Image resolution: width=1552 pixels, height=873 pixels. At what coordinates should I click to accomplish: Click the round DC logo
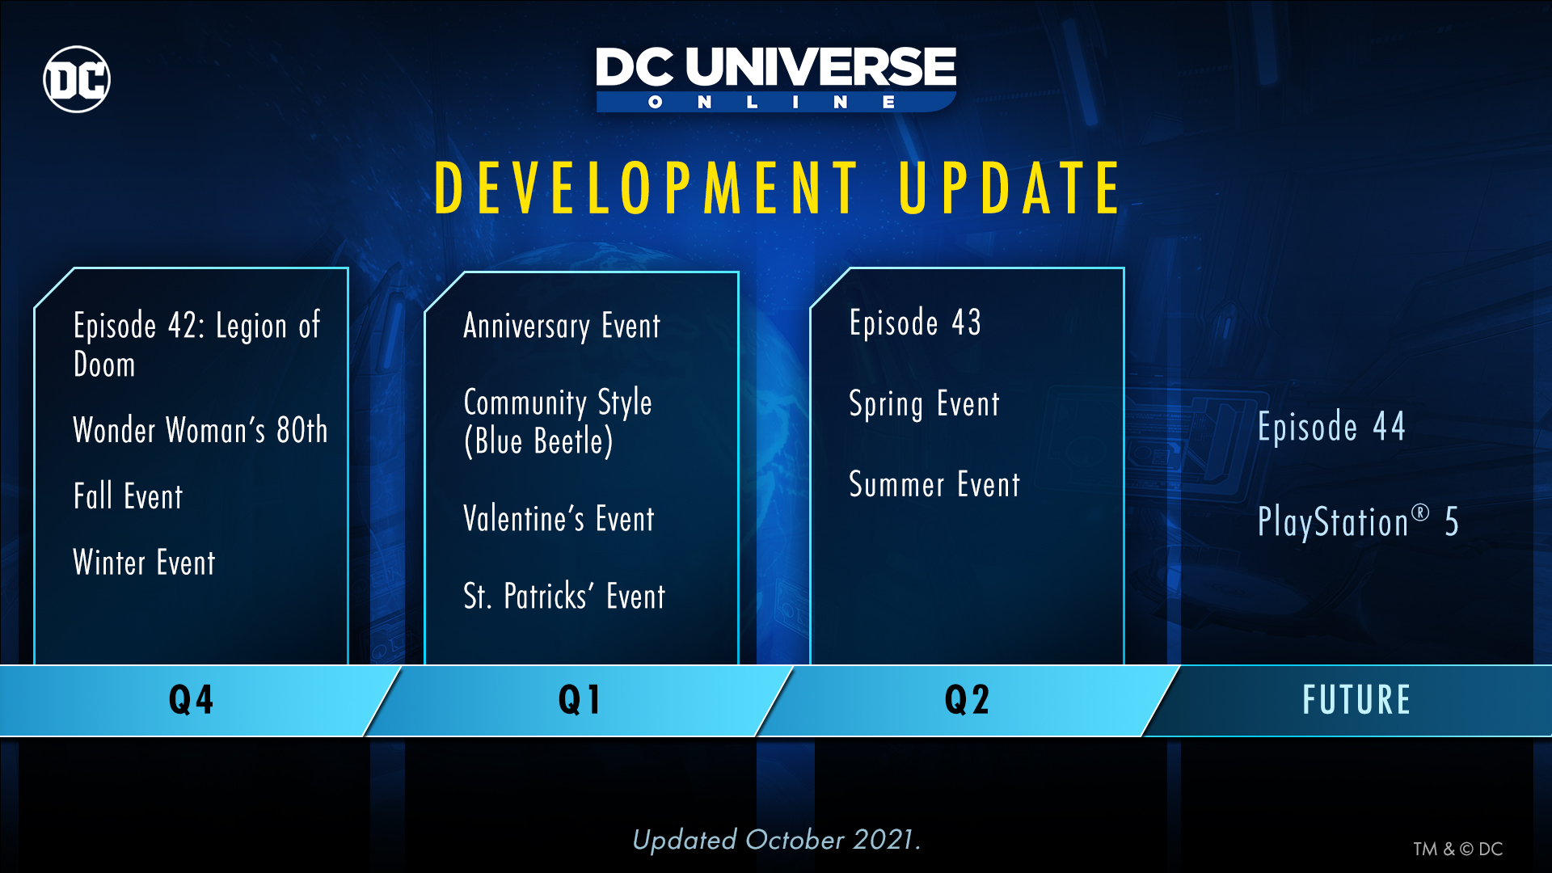(77, 79)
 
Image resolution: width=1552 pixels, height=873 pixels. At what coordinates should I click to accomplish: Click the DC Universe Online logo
(776, 79)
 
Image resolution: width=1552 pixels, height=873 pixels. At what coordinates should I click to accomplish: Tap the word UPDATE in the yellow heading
(1010, 188)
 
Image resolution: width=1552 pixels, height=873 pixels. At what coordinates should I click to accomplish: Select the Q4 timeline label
(191, 700)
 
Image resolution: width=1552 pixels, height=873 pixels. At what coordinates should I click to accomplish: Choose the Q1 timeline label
(580, 700)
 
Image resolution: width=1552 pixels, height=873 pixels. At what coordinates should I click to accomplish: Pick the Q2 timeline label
(967, 700)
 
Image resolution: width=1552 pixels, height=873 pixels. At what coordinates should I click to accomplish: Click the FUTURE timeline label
(1356, 700)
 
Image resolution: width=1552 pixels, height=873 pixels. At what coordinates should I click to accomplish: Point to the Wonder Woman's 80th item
(200, 430)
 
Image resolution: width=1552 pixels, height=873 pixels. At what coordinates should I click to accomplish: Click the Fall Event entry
(128, 496)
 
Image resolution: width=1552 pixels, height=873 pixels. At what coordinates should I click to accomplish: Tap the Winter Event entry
(144, 563)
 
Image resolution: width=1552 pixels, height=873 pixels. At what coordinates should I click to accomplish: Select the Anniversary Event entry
(562, 326)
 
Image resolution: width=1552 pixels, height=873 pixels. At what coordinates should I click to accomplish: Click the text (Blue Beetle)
(538, 441)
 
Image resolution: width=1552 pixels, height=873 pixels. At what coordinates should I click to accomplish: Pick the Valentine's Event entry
(559, 519)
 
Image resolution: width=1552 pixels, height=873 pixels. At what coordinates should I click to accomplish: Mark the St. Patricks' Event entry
(564, 597)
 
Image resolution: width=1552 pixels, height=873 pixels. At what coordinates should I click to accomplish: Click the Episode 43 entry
(915, 323)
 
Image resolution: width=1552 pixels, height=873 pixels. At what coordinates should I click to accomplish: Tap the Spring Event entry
(924, 404)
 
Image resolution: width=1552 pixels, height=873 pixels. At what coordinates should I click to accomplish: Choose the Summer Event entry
(934, 485)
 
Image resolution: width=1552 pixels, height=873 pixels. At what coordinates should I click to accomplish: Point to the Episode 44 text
(1331, 427)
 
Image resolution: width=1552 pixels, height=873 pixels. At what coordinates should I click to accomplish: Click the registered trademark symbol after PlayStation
(1420, 512)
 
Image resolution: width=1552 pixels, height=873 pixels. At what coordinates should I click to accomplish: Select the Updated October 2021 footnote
(776, 840)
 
